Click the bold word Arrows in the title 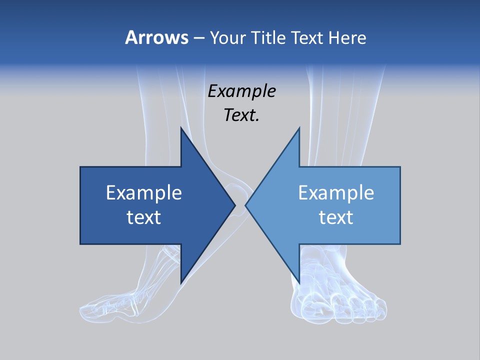pos(156,37)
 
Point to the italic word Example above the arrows pos(242,91)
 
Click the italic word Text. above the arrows pos(242,115)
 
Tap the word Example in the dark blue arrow pos(144,192)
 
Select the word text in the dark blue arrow pos(144,217)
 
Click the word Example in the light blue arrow pos(336,192)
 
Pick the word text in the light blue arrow pos(336,217)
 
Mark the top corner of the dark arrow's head pos(181,128)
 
